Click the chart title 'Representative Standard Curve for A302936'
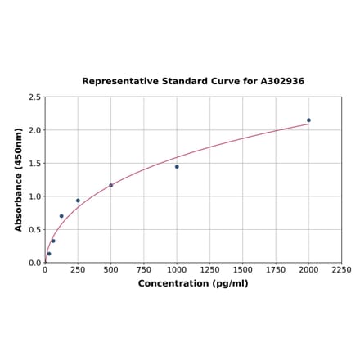click(193, 82)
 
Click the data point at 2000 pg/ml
click(308, 120)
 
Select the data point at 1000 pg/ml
click(177, 167)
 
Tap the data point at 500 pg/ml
click(111, 185)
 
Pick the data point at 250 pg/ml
click(78, 201)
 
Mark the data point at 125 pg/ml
click(61, 216)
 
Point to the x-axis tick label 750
click(144, 269)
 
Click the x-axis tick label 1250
click(209, 269)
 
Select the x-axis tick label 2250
click(341, 269)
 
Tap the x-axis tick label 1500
click(242, 269)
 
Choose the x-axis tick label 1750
click(276, 269)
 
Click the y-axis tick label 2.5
click(34, 97)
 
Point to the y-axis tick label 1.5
click(34, 164)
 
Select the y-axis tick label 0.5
click(34, 230)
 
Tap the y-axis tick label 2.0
click(34, 130)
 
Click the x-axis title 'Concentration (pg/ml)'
click(193, 283)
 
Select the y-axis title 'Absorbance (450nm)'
click(19, 179)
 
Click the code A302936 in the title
click(282, 82)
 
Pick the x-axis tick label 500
click(111, 269)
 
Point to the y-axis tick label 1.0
click(34, 196)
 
